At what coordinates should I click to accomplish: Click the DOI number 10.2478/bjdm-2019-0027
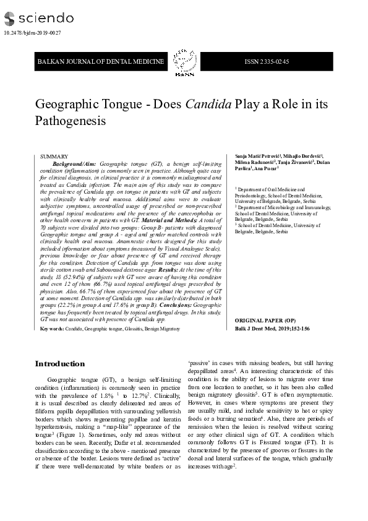click(32, 33)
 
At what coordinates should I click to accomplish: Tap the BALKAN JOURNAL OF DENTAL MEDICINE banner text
click(101, 61)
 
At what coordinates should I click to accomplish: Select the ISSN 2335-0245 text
click(267, 61)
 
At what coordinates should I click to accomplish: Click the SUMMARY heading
click(54, 157)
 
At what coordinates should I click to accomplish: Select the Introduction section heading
click(59, 363)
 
